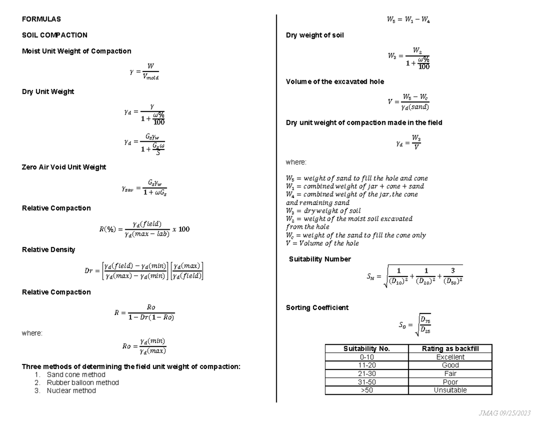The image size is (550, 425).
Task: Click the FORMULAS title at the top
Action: [x=41, y=19]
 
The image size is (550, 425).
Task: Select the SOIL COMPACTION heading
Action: [x=55, y=35]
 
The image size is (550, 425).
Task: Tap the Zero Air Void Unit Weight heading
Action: [x=64, y=167]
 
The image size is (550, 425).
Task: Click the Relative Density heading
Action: [x=49, y=250]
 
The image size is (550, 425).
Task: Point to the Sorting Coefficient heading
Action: [x=317, y=308]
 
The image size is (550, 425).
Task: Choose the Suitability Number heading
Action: [x=320, y=259]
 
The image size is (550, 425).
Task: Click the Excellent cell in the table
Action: [x=450, y=357]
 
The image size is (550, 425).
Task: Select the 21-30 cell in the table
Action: [x=367, y=374]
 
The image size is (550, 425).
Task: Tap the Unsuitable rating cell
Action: [x=450, y=390]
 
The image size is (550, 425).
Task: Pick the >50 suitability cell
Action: [x=367, y=390]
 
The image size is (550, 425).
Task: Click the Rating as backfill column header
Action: [x=450, y=349]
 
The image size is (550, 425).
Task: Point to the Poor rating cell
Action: [x=450, y=382]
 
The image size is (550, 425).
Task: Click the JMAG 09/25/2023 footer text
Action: [x=504, y=414]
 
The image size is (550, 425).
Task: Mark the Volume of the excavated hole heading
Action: [x=335, y=82]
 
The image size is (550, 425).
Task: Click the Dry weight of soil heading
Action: [x=315, y=35]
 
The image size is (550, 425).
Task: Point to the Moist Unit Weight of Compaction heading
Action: [x=77, y=51]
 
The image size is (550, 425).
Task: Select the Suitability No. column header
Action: [x=367, y=349]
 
